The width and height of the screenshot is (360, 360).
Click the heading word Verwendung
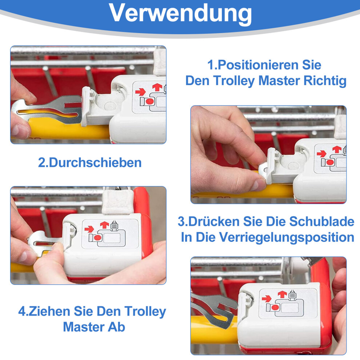click(180, 13)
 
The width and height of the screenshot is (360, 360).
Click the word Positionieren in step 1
click(258, 65)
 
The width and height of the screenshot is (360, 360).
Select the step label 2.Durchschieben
click(90, 163)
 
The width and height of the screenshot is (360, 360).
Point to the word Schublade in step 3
click(321, 221)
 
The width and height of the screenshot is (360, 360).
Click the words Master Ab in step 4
click(94, 327)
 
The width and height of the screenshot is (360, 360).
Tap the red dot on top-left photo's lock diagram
click(149, 101)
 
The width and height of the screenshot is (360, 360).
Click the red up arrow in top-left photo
click(157, 87)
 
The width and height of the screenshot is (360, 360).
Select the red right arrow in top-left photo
click(140, 92)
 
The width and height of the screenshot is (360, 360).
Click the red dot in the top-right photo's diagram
click(330, 162)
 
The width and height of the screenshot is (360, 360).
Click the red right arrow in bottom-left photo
click(89, 229)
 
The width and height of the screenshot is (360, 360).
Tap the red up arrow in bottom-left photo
click(104, 225)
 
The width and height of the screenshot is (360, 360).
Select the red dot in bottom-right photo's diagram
click(275, 307)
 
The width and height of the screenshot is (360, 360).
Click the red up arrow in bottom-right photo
click(282, 294)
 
